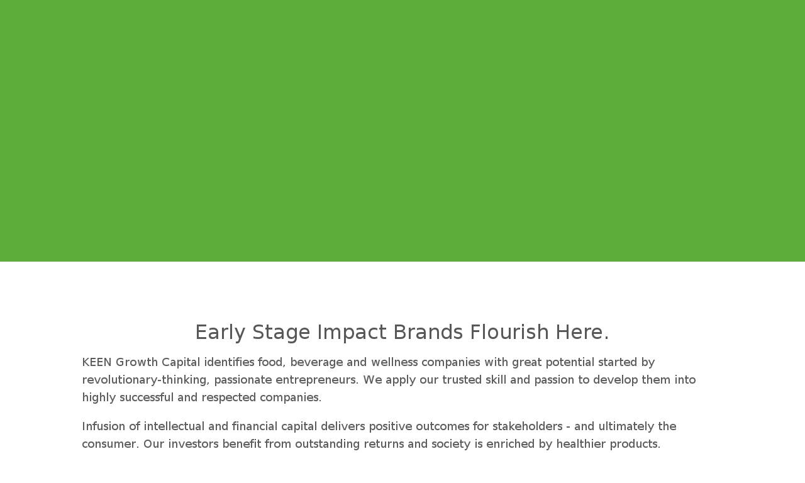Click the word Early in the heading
[x=220, y=333]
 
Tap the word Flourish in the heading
[x=509, y=331]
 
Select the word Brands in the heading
[x=428, y=331]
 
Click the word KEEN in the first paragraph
[x=97, y=362]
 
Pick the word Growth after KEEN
[x=136, y=362]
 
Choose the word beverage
[x=316, y=363]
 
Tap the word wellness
[x=394, y=362]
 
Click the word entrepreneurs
[x=317, y=380]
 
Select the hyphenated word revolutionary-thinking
[x=146, y=380]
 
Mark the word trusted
[x=462, y=380]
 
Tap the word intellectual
[x=174, y=426]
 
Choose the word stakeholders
[x=527, y=426]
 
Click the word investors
[x=193, y=444]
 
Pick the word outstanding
[x=328, y=445]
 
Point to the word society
[x=451, y=445]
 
